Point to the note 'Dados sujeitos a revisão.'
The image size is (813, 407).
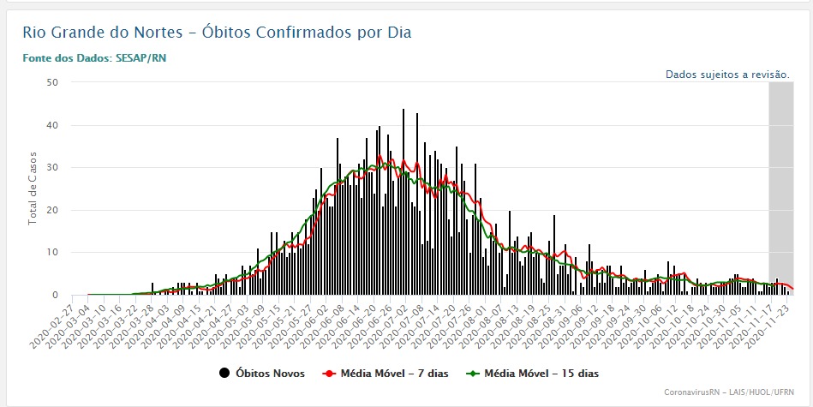pos(727,75)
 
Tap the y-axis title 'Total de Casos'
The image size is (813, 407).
pos(33,189)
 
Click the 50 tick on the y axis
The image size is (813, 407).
pos(52,83)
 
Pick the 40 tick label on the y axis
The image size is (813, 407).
pos(52,125)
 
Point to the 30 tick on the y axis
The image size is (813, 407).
pos(52,168)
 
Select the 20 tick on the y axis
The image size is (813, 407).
pos(52,210)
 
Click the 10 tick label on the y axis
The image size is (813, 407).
pos(52,253)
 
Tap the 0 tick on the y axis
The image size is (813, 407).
pos(55,295)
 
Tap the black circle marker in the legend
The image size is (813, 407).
pos(224,373)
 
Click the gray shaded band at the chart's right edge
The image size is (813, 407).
pos(780,189)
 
